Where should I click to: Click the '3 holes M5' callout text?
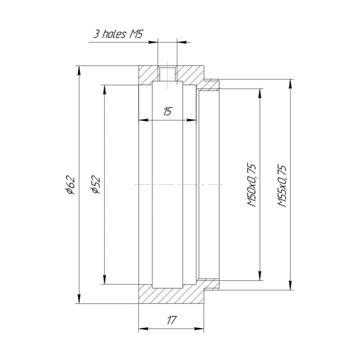[x=118, y=34]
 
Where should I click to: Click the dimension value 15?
[x=167, y=112]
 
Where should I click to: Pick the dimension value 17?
[x=172, y=320]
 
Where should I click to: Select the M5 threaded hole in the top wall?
[x=167, y=74]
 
